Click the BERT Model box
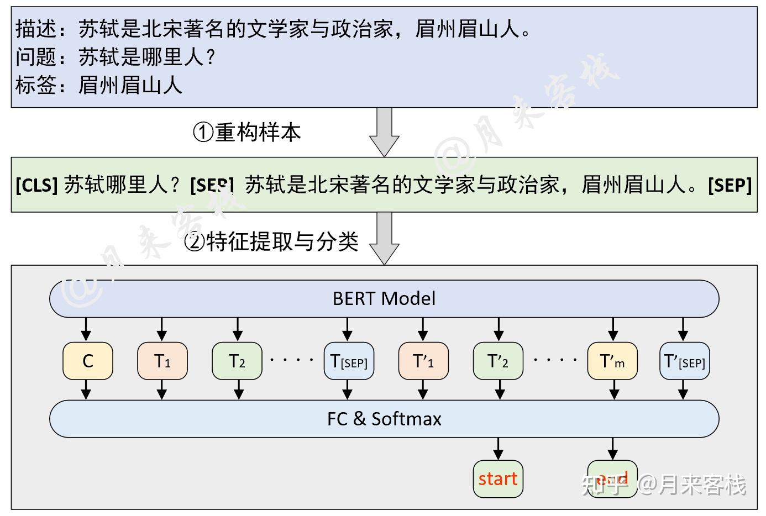384,299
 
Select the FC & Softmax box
384,419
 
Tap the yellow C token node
88,361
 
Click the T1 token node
162,361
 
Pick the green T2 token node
237,361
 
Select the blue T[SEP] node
349,361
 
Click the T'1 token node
423,361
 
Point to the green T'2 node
498,361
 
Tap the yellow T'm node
612,361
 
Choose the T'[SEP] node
684,361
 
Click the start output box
498,478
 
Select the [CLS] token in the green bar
37,185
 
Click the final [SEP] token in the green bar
730,185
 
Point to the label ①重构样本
246,132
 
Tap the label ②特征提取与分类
271,241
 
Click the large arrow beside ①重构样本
384,131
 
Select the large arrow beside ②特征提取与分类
384,238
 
